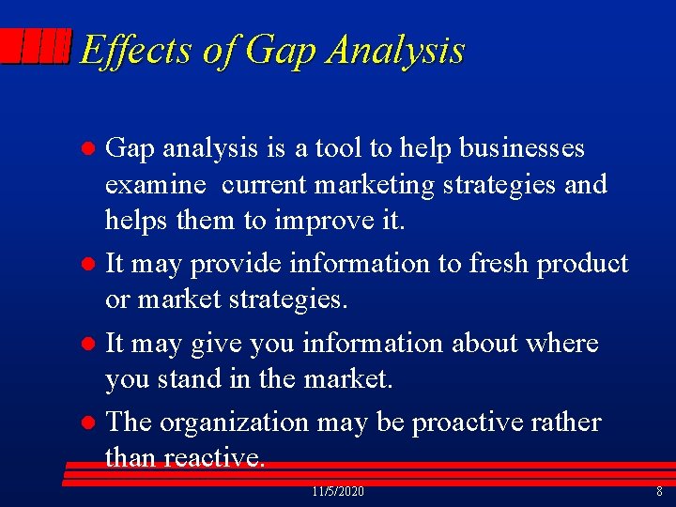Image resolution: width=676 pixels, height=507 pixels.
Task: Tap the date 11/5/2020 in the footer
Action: [x=337, y=492]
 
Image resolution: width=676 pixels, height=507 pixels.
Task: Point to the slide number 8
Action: [x=659, y=492]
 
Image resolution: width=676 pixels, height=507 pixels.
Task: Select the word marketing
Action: [x=376, y=185]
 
